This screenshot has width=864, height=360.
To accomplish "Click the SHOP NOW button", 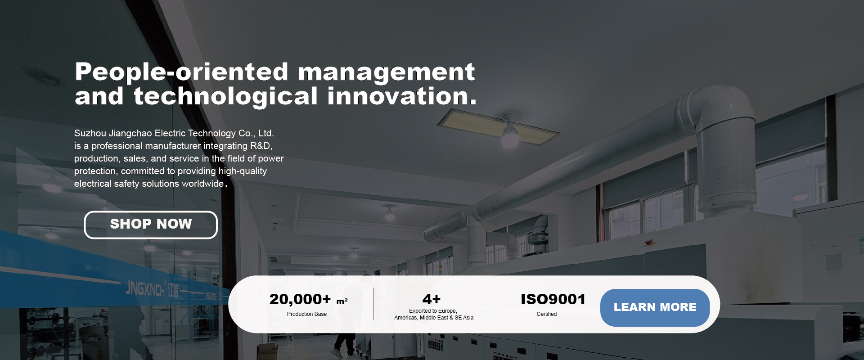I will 151,225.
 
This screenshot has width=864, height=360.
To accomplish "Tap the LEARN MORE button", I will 655,307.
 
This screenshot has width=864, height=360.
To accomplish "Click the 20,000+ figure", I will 300,299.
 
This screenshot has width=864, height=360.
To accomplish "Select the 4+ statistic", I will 432,299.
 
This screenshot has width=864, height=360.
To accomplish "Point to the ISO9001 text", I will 553,299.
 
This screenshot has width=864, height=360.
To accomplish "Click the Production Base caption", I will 307,314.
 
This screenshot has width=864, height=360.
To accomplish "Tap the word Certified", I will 547,314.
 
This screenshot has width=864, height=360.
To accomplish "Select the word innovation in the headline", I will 401,96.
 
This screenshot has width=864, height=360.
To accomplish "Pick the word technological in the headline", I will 225,96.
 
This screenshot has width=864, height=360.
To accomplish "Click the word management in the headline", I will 386,72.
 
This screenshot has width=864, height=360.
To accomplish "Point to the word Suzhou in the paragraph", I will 90,133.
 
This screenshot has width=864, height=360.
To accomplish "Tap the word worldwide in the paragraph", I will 202,184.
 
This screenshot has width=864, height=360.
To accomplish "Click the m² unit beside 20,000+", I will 342,301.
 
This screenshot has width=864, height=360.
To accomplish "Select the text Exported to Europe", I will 433,311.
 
